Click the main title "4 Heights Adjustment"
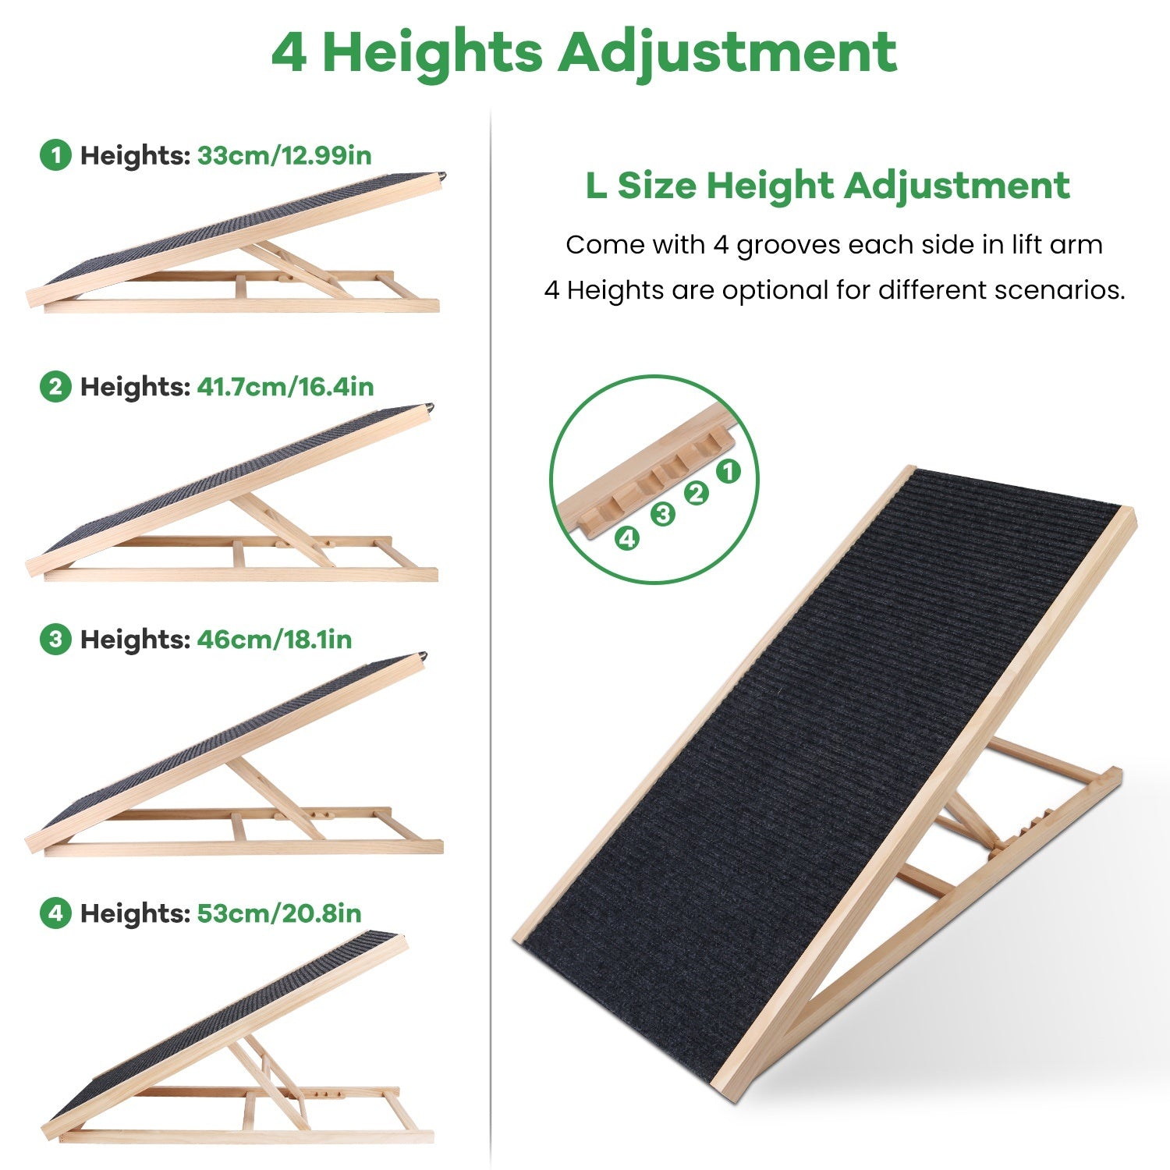pos(584,52)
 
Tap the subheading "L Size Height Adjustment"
pos(828,186)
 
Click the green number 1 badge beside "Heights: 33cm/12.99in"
pos(55,155)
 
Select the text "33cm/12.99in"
pos(285,155)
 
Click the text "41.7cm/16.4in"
pos(285,387)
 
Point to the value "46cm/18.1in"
pos(275,640)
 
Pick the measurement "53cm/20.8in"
pos(279,913)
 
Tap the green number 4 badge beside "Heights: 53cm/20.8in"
pos(55,913)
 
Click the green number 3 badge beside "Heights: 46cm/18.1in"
pos(55,640)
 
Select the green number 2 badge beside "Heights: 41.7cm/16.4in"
pos(55,387)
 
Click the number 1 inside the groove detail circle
pos(727,471)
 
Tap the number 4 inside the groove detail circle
pos(628,538)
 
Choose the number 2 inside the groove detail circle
pos(696,493)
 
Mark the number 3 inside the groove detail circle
pos(663,515)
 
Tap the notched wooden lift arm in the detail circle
pos(647,476)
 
